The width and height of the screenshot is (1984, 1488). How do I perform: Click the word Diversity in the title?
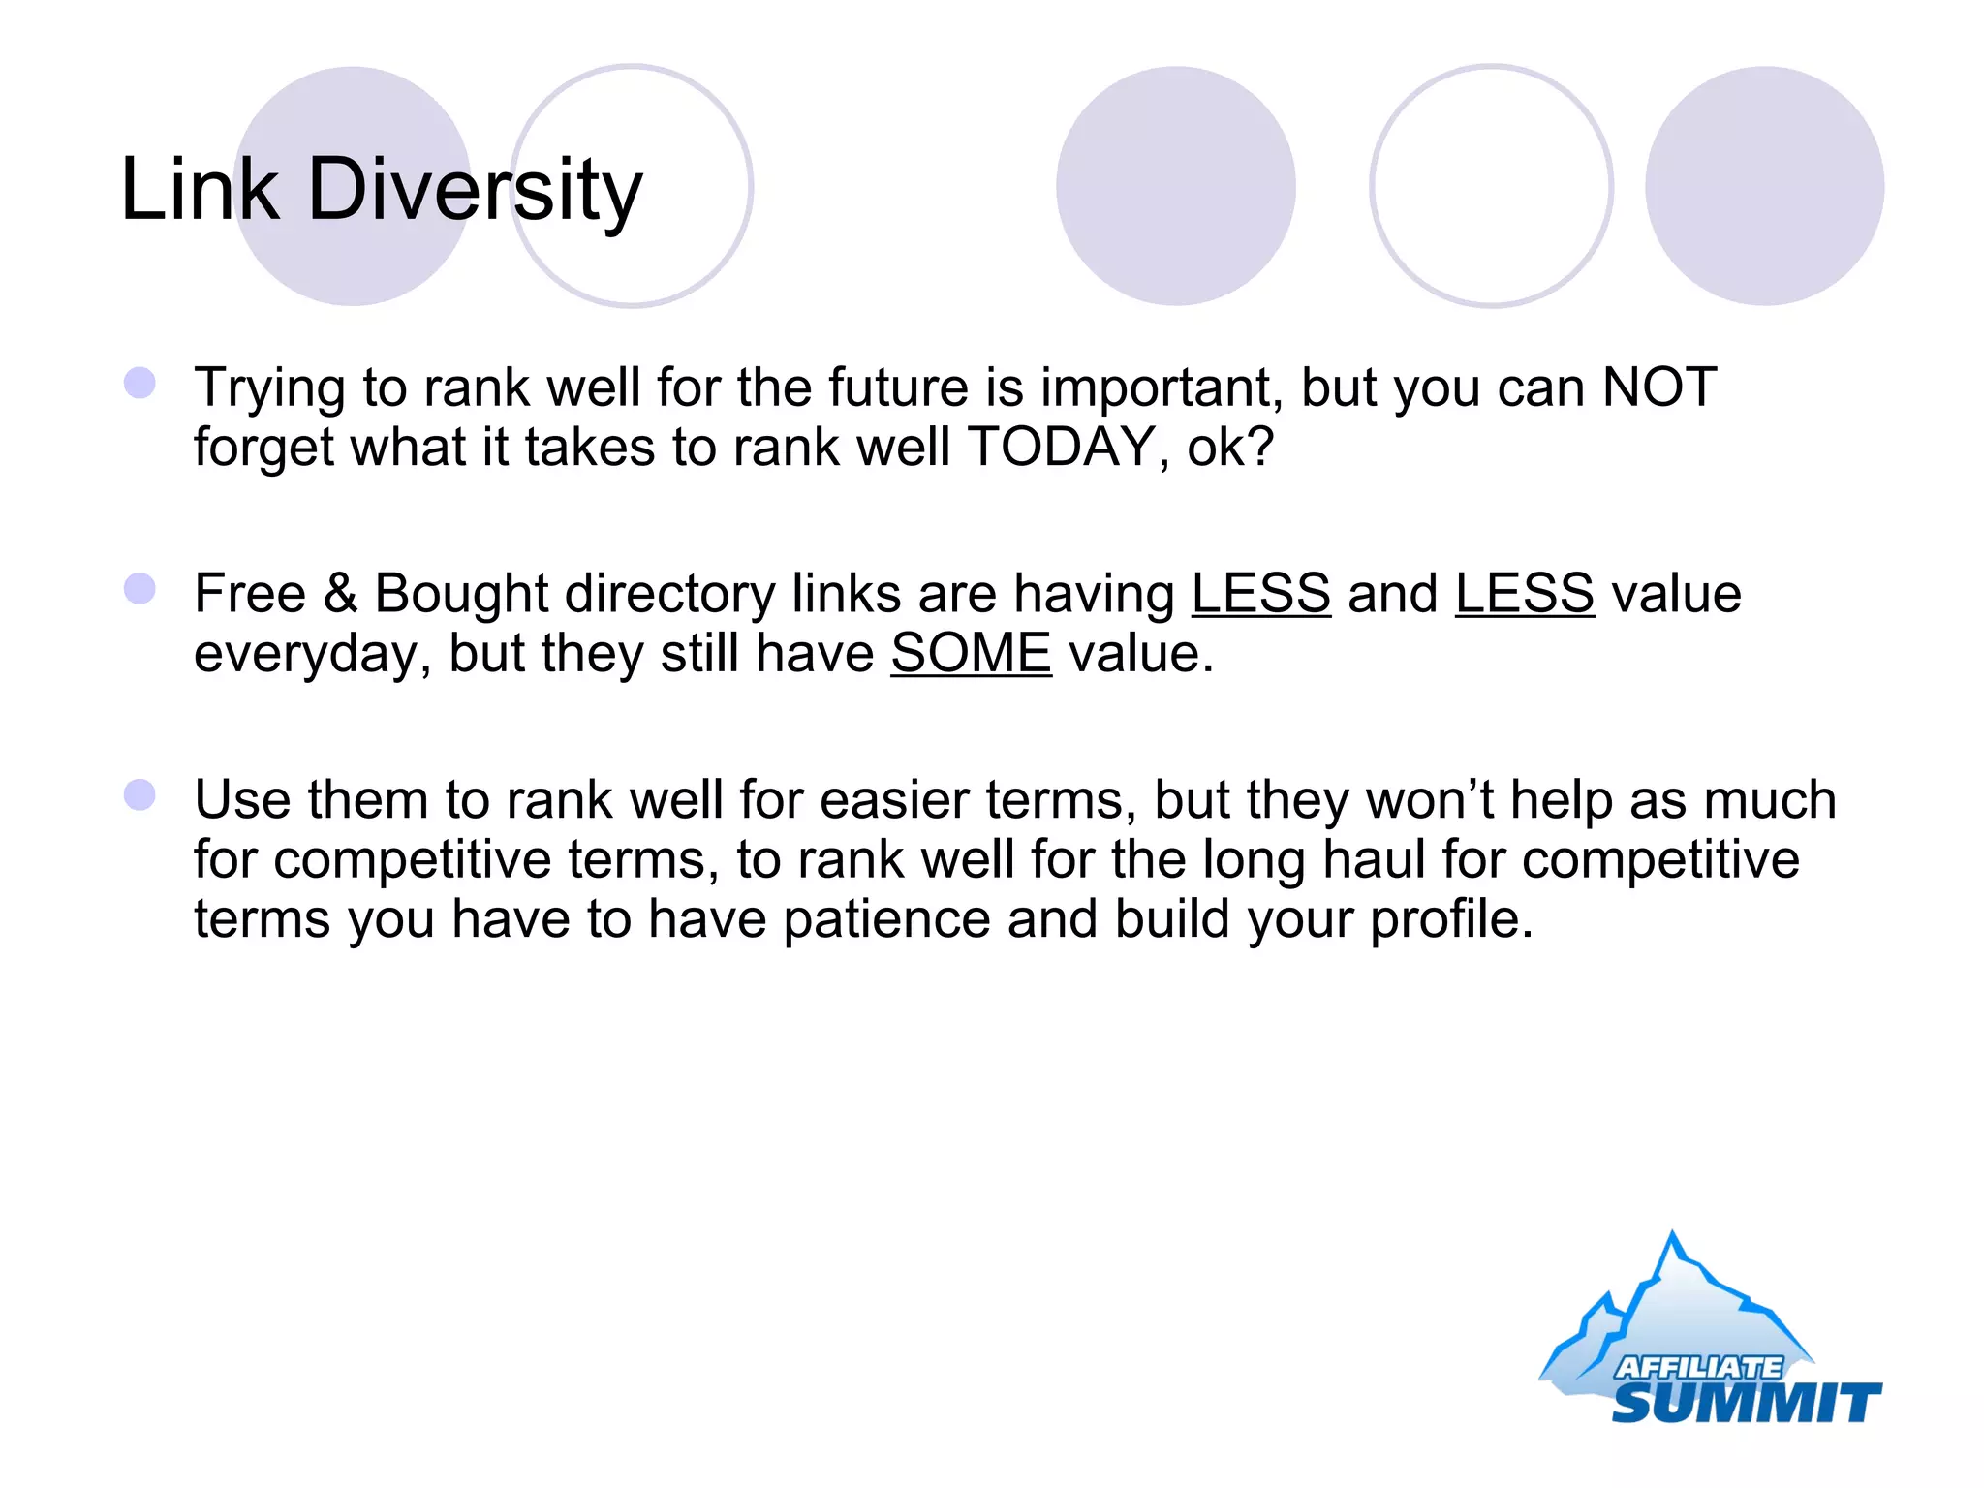pyautogui.click(x=475, y=190)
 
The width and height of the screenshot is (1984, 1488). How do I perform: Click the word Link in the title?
pyautogui.click(x=200, y=190)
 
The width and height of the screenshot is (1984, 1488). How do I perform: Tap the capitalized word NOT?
pyautogui.click(x=1659, y=387)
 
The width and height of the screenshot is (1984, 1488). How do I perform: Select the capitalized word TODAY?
pyautogui.click(x=1061, y=448)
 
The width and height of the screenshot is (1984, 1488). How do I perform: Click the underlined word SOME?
pyautogui.click(x=971, y=653)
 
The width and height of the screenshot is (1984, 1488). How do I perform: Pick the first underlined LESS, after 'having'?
pyautogui.click(x=1260, y=593)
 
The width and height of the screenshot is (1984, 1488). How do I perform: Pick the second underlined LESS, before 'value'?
pyautogui.click(x=1524, y=593)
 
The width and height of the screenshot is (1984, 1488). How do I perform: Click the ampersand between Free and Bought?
pyautogui.click(x=340, y=593)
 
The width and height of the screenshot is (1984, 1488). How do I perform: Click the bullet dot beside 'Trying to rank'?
pyautogui.click(x=140, y=383)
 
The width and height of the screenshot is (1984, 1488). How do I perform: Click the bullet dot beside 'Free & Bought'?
pyautogui.click(x=140, y=588)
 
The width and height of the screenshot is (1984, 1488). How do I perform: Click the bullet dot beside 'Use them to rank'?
pyautogui.click(x=140, y=794)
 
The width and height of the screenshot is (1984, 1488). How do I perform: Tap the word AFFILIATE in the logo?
pyautogui.click(x=1698, y=1367)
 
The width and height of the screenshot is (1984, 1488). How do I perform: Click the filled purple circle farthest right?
pyautogui.click(x=1764, y=186)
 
